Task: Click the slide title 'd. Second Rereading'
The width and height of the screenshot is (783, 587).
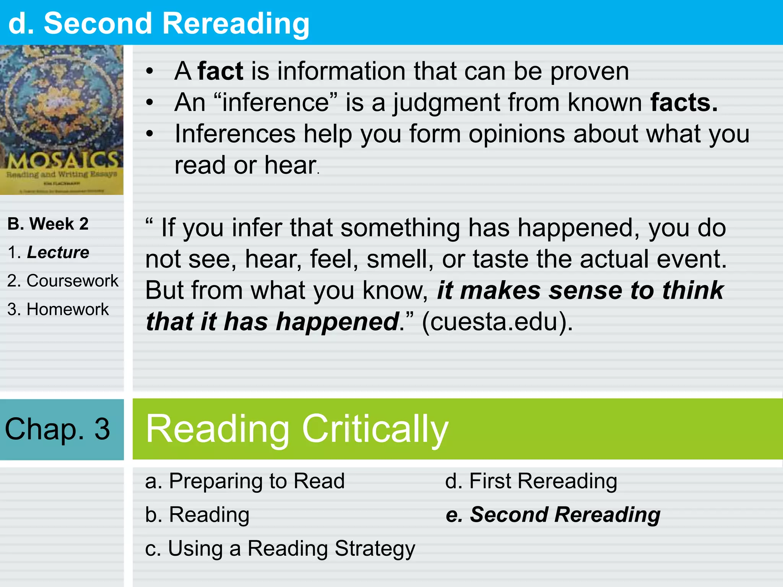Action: [159, 24]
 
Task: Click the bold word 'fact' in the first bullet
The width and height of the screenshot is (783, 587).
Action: [220, 71]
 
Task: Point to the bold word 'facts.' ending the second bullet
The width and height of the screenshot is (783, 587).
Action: [684, 102]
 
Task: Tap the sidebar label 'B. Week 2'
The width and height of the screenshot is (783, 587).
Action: [48, 224]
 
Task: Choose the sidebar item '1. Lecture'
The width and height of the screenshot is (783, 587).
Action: [49, 252]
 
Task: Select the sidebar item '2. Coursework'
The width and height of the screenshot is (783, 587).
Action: [63, 281]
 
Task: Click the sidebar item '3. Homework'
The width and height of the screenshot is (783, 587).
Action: [58, 309]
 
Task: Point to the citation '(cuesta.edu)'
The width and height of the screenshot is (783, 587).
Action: [497, 321]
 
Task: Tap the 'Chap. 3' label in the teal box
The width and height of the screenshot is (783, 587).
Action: [57, 429]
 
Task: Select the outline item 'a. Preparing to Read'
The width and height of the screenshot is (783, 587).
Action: [245, 481]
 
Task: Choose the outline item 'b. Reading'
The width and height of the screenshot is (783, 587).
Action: [197, 514]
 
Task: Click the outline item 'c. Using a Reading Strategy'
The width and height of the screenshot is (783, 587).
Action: [280, 548]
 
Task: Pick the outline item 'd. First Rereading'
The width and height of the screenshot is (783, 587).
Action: [531, 481]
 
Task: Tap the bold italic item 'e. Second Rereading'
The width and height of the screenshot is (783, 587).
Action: [553, 514]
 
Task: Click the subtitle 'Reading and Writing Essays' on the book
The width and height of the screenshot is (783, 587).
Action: [62, 174]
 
